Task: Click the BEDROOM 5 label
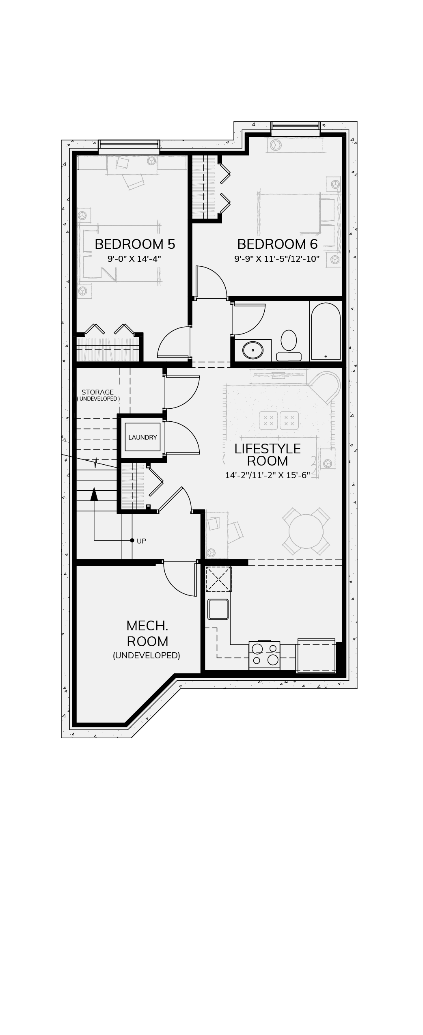[x=135, y=244]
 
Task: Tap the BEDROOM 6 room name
[x=277, y=244]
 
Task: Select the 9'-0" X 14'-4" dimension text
[x=134, y=259]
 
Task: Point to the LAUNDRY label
[x=142, y=437]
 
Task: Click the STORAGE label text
[x=97, y=392]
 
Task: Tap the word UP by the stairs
[x=141, y=541]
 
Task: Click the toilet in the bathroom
[x=289, y=345]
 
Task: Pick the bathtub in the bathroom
[x=326, y=331]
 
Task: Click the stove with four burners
[x=264, y=654]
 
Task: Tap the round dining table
[x=306, y=531]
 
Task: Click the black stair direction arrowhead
[x=94, y=494]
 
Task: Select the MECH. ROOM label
[x=147, y=633]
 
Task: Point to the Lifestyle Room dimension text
[x=268, y=475]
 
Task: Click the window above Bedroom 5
[x=129, y=145]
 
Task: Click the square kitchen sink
[x=218, y=609]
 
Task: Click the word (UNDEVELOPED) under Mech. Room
[x=147, y=655]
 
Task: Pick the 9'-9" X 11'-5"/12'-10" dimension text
[x=277, y=259]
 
